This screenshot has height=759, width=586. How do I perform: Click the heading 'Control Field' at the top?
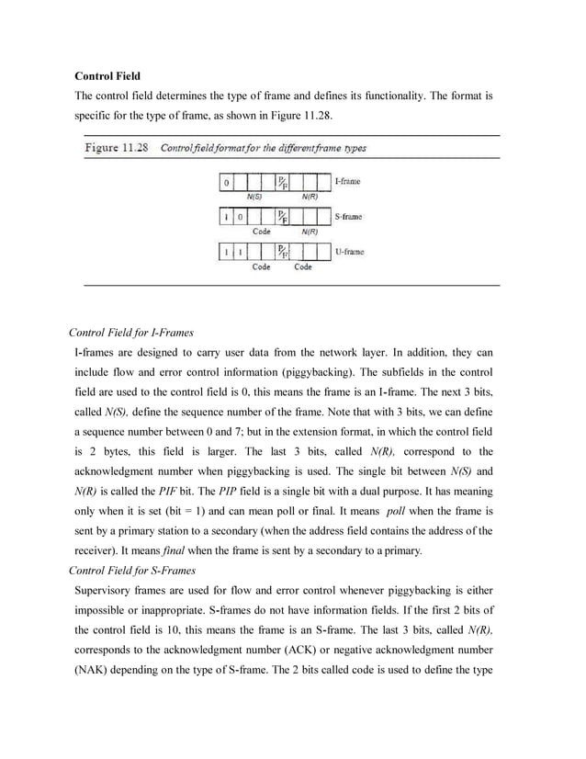[x=107, y=76]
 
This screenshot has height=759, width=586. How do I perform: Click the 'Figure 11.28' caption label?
[x=117, y=147]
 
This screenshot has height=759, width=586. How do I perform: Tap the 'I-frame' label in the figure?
[x=346, y=182]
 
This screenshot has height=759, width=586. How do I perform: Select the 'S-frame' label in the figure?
[x=347, y=217]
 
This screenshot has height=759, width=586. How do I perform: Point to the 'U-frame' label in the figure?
[x=347, y=252]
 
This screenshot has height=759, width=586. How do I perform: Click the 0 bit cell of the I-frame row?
[x=226, y=183]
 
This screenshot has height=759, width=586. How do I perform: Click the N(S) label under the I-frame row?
[x=254, y=197]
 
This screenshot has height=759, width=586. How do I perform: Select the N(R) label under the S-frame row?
[x=310, y=232]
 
